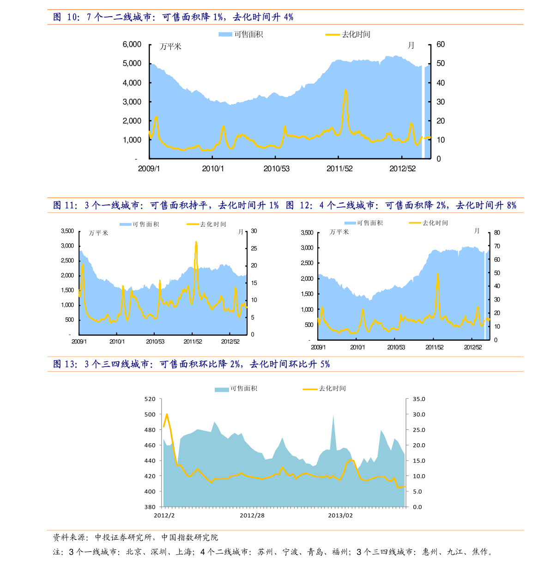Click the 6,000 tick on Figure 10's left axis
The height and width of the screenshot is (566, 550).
point(132,44)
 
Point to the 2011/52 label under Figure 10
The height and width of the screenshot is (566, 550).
point(339,169)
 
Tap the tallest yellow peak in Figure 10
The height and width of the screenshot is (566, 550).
point(345,90)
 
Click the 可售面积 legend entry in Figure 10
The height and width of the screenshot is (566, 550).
point(241,34)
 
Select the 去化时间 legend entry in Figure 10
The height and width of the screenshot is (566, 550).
point(348,34)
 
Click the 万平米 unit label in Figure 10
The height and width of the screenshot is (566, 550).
point(170,47)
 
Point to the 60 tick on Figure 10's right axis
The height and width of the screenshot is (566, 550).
point(441,44)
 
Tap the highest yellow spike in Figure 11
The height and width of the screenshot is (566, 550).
point(196,242)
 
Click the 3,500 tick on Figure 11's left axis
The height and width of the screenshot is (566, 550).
point(67,231)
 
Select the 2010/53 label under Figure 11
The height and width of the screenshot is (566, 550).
point(155,342)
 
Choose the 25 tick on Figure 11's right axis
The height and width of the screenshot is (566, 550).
point(254,248)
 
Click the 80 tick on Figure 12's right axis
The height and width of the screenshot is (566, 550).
point(497,233)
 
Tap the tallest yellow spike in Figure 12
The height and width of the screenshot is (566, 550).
point(437,274)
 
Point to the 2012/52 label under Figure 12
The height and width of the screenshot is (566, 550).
point(473,347)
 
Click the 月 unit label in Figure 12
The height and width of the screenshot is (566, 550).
point(477,231)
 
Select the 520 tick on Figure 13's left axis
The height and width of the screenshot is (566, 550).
point(150,399)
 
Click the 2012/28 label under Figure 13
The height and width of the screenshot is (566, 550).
point(252,515)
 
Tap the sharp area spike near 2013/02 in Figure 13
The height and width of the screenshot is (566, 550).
point(333,415)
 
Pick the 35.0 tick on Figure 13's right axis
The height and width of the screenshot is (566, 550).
point(419,399)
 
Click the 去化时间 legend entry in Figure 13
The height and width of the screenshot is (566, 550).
point(325,389)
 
